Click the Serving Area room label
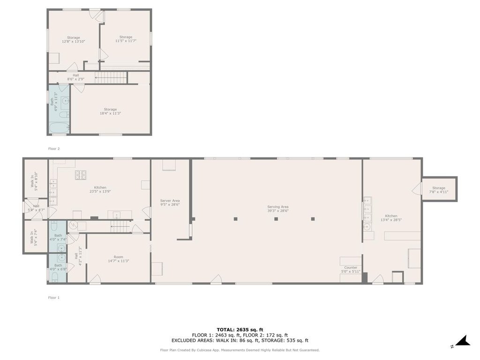pyautogui.click(x=277, y=209)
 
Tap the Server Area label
pyautogui.click(x=170, y=202)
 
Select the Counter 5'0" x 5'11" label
pyautogui.click(x=351, y=270)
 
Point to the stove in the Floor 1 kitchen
pyautogui.click(x=81, y=174)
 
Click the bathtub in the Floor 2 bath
pyautogui.click(x=59, y=128)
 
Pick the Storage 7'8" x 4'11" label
pyautogui.click(x=439, y=190)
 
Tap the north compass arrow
pyautogui.click(x=463, y=341)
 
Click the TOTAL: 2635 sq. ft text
pyautogui.click(x=240, y=330)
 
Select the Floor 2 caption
pyautogui.click(x=54, y=149)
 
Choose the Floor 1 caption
pyautogui.click(x=54, y=298)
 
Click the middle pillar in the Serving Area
pyautogui.click(x=276, y=219)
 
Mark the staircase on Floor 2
pyautogui.click(x=111, y=78)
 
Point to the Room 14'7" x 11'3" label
pyautogui.click(x=119, y=259)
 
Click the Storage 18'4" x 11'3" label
pyautogui.click(x=110, y=111)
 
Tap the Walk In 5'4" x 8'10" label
pyautogui.click(x=34, y=181)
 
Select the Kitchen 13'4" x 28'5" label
pyautogui.click(x=391, y=217)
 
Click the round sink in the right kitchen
pyautogui.click(x=367, y=227)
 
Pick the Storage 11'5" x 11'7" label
pyautogui.click(x=126, y=39)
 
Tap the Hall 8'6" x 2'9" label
pyautogui.click(x=75, y=77)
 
